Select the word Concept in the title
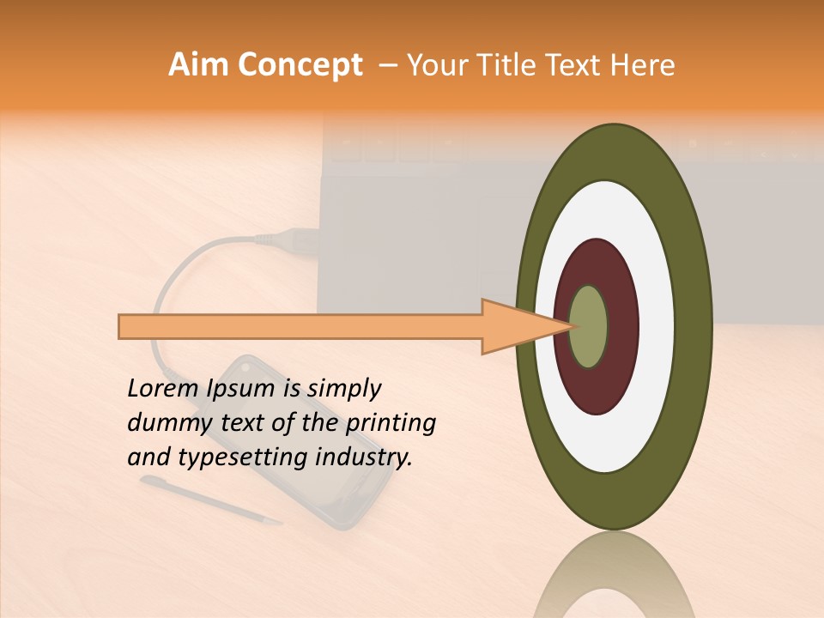tap(300, 66)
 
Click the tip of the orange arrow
tap(570, 326)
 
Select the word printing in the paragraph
tap(391, 423)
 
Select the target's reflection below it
tap(613, 575)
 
